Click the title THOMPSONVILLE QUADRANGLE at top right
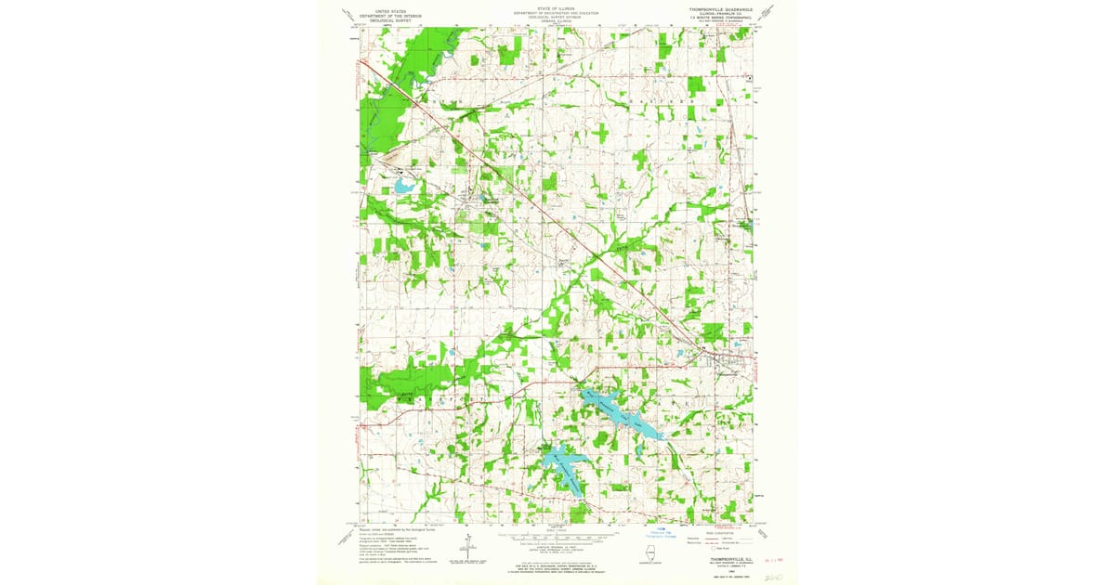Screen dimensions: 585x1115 pos(726,10)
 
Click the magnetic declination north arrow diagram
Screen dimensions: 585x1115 pos(470,544)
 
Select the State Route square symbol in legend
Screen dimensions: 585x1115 pos(714,548)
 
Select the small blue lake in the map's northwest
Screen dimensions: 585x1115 pos(404,186)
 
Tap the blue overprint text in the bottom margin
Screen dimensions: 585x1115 pos(661,534)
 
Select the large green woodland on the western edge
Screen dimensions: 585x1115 pos(395,383)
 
